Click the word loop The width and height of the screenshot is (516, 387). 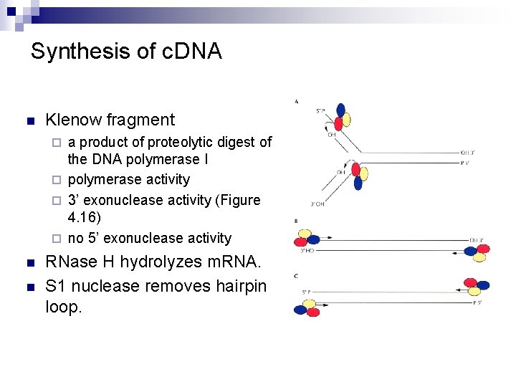point(63,307)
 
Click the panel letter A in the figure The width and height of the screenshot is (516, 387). point(297,102)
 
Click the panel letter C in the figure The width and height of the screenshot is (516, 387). point(297,276)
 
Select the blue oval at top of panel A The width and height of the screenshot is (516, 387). point(341,110)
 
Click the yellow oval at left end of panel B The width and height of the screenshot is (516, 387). point(304,236)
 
